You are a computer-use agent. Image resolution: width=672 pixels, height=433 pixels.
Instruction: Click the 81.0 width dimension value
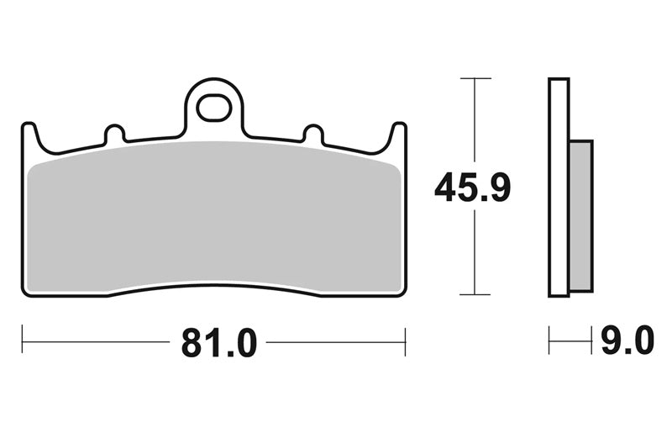219,342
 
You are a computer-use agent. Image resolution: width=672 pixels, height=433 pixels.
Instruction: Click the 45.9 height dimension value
473,187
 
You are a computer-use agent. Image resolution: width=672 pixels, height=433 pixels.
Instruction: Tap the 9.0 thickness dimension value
627,340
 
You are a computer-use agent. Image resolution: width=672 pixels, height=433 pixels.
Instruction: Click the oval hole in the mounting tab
214,108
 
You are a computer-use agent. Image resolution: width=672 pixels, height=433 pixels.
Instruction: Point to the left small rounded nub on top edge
115,133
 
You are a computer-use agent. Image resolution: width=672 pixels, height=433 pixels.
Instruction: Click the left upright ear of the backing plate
29,136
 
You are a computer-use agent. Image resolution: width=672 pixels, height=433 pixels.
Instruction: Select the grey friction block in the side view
581,216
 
